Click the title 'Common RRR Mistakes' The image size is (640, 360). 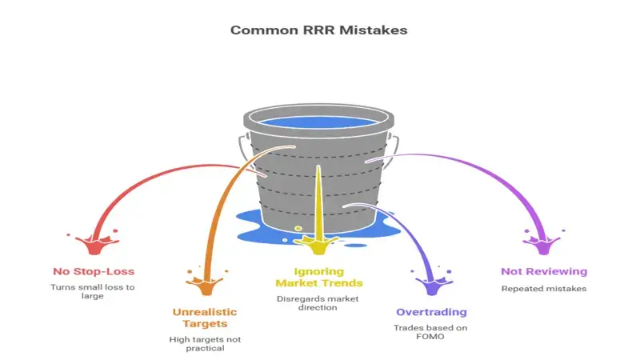point(319,30)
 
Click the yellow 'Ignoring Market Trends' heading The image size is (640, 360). point(319,276)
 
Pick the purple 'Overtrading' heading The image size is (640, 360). point(433,312)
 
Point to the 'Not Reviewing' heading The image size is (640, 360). point(544,271)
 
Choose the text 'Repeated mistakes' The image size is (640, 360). point(543,288)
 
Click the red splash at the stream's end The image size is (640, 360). point(94,238)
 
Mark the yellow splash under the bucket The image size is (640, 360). point(318,238)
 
